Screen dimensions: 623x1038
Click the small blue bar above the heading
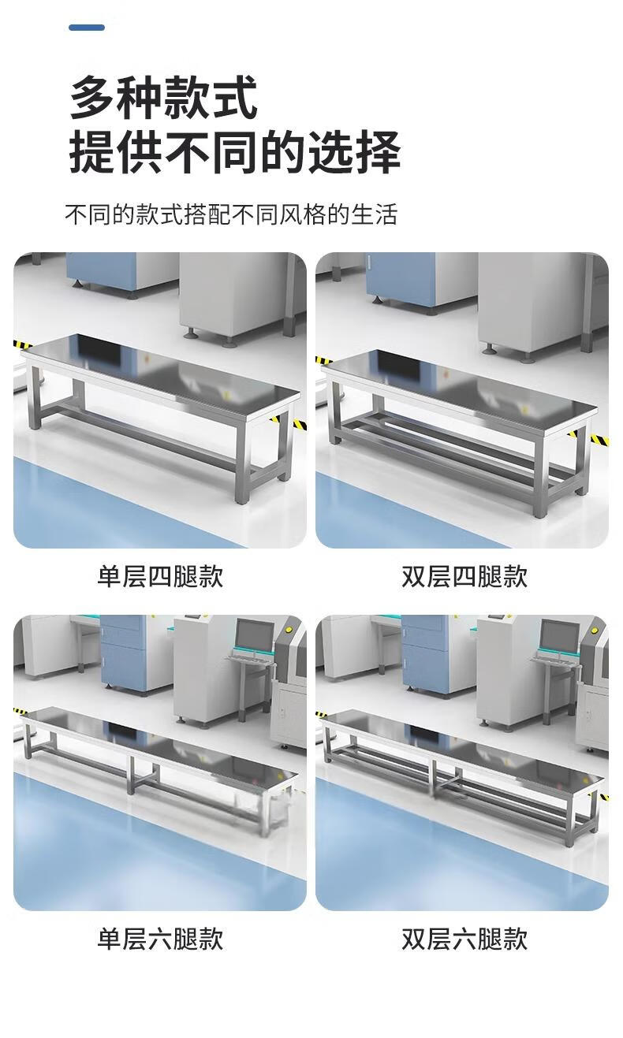coord(87,28)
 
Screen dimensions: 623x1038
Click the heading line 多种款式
coord(163,98)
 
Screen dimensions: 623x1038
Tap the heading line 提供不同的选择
coord(234,151)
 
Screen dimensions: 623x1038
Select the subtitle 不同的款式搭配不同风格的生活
coord(231,214)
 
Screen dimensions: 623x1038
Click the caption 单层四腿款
coord(160,577)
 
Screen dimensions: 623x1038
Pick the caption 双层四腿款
coord(464,577)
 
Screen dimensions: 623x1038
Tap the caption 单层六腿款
coord(160,939)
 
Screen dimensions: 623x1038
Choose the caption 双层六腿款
coord(464,939)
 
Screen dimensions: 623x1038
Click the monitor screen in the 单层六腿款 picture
coord(255,634)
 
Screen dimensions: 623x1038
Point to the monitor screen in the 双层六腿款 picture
coord(561,634)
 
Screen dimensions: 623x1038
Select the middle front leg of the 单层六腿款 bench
coord(131,775)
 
